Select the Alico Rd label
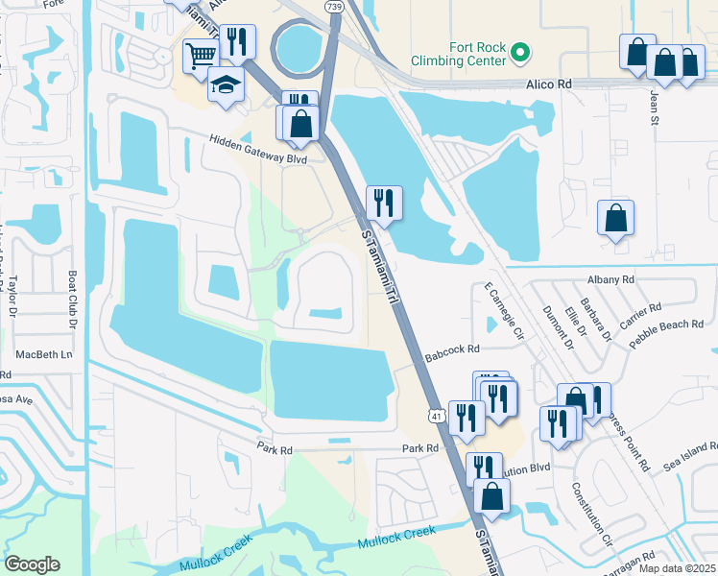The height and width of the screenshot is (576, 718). point(549,84)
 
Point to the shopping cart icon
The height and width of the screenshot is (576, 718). point(200,54)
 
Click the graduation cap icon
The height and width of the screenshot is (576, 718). point(227,84)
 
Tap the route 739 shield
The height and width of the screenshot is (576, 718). point(333,7)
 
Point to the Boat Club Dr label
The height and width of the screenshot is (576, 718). point(72,301)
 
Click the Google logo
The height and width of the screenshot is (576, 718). point(33,564)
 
